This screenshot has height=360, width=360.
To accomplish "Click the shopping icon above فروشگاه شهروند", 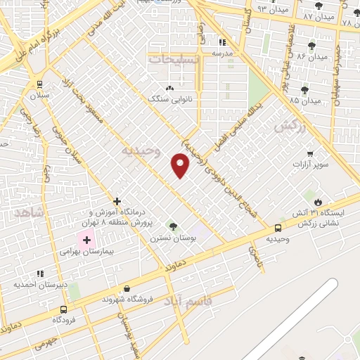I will point(126,288).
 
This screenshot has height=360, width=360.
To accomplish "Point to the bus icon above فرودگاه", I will point(64,309).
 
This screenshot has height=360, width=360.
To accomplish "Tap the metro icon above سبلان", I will point(39,82).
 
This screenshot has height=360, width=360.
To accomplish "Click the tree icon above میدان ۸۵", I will point(304,89).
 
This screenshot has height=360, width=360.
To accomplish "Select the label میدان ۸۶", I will point(312,56).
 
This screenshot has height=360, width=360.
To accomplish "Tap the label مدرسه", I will point(223,53).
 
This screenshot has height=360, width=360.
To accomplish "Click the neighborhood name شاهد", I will point(30,211).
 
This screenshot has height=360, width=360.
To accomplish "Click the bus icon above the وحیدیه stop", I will point(278,228).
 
